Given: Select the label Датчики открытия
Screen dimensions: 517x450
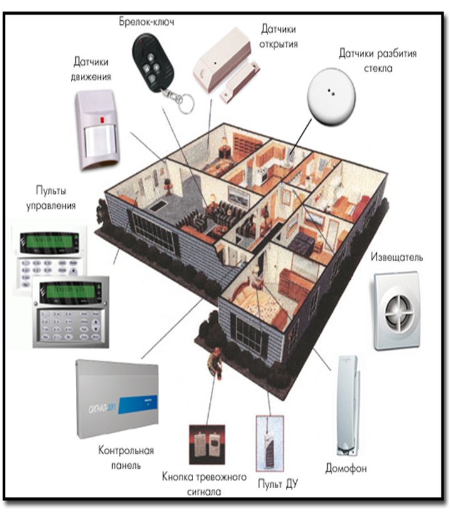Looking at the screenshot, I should (x=278, y=37).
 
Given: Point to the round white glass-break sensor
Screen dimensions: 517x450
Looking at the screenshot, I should (x=332, y=98).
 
